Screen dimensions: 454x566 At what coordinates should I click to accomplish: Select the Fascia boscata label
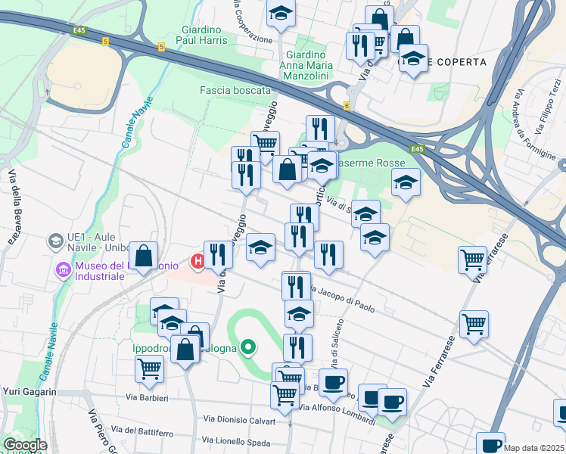point(235,90)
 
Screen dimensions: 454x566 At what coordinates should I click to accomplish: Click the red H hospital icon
point(198,262)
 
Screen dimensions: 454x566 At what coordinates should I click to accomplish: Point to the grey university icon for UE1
point(55,241)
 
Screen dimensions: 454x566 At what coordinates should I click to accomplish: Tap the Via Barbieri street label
point(147,396)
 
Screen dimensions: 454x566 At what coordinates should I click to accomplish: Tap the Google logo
point(25,445)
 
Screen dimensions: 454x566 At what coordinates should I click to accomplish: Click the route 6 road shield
point(346,105)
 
